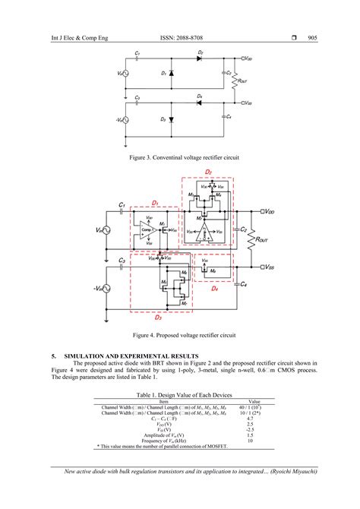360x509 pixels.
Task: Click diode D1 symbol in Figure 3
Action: coord(170,74)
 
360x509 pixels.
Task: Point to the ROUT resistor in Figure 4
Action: coord(252,239)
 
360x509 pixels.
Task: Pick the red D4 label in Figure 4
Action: coord(215,289)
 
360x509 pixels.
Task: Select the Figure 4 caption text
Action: coord(179,334)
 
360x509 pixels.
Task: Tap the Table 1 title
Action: coord(179,396)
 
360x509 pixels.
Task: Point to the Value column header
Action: coord(254,401)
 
